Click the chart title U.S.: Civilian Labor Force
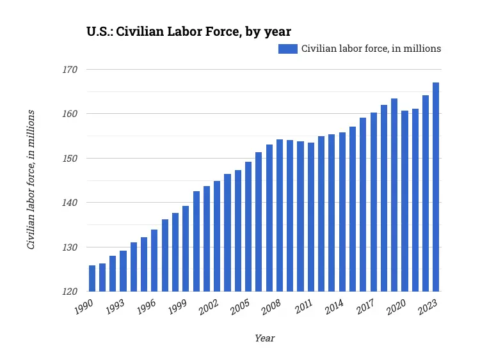(189, 31)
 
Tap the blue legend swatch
(287, 49)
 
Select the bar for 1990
(92, 278)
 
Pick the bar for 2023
(436, 187)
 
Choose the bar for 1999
(186, 248)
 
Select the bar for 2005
(248, 226)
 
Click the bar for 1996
(154, 260)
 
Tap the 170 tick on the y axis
(70, 69)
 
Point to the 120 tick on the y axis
(70, 292)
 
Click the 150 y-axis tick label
(70, 158)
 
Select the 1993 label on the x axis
(115, 307)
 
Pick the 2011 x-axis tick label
(303, 307)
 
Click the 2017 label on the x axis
(365, 307)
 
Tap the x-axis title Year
(264, 338)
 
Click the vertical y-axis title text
(31, 180)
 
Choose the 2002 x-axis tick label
(209, 307)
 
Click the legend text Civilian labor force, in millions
(371, 49)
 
